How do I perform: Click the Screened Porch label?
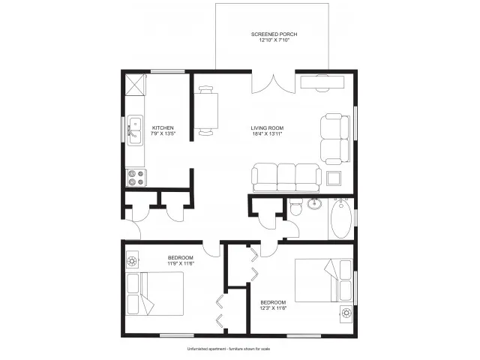[274, 34]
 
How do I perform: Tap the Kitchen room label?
[163, 128]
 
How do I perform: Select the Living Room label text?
[267, 128]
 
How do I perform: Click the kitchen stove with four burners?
[136, 178]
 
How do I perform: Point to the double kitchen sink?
[135, 130]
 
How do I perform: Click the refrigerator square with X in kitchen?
[135, 84]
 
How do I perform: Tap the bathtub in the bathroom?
[341, 219]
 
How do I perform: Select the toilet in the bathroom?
[296, 207]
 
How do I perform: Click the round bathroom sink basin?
[314, 203]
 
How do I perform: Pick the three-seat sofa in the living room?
[286, 178]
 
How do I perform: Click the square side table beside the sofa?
[333, 178]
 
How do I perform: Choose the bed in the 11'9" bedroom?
[155, 293]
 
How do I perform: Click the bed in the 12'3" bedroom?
[323, 280]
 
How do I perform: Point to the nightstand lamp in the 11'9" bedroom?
[132, 261]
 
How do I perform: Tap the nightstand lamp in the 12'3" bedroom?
[346, 313]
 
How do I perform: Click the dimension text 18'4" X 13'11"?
[266, 133]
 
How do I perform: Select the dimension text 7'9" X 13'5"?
[163, 133]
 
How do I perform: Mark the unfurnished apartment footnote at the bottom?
[229, 349]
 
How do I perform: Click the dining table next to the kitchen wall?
[206, 111]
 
